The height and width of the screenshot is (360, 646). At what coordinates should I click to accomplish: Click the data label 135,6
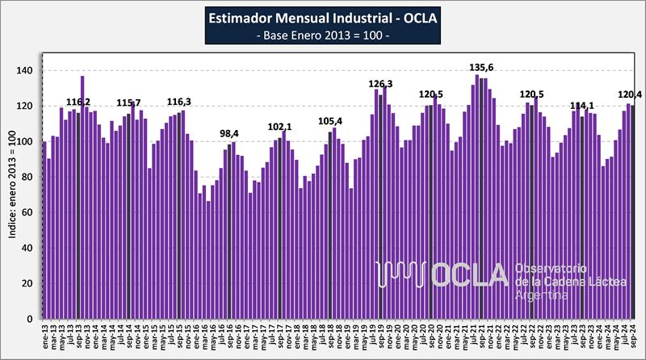482,68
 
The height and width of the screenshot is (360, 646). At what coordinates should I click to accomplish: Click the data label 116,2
78,103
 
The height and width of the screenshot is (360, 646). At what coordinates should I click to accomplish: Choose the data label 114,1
584,106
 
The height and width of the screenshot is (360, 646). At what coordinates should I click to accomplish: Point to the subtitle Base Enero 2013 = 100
322,37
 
